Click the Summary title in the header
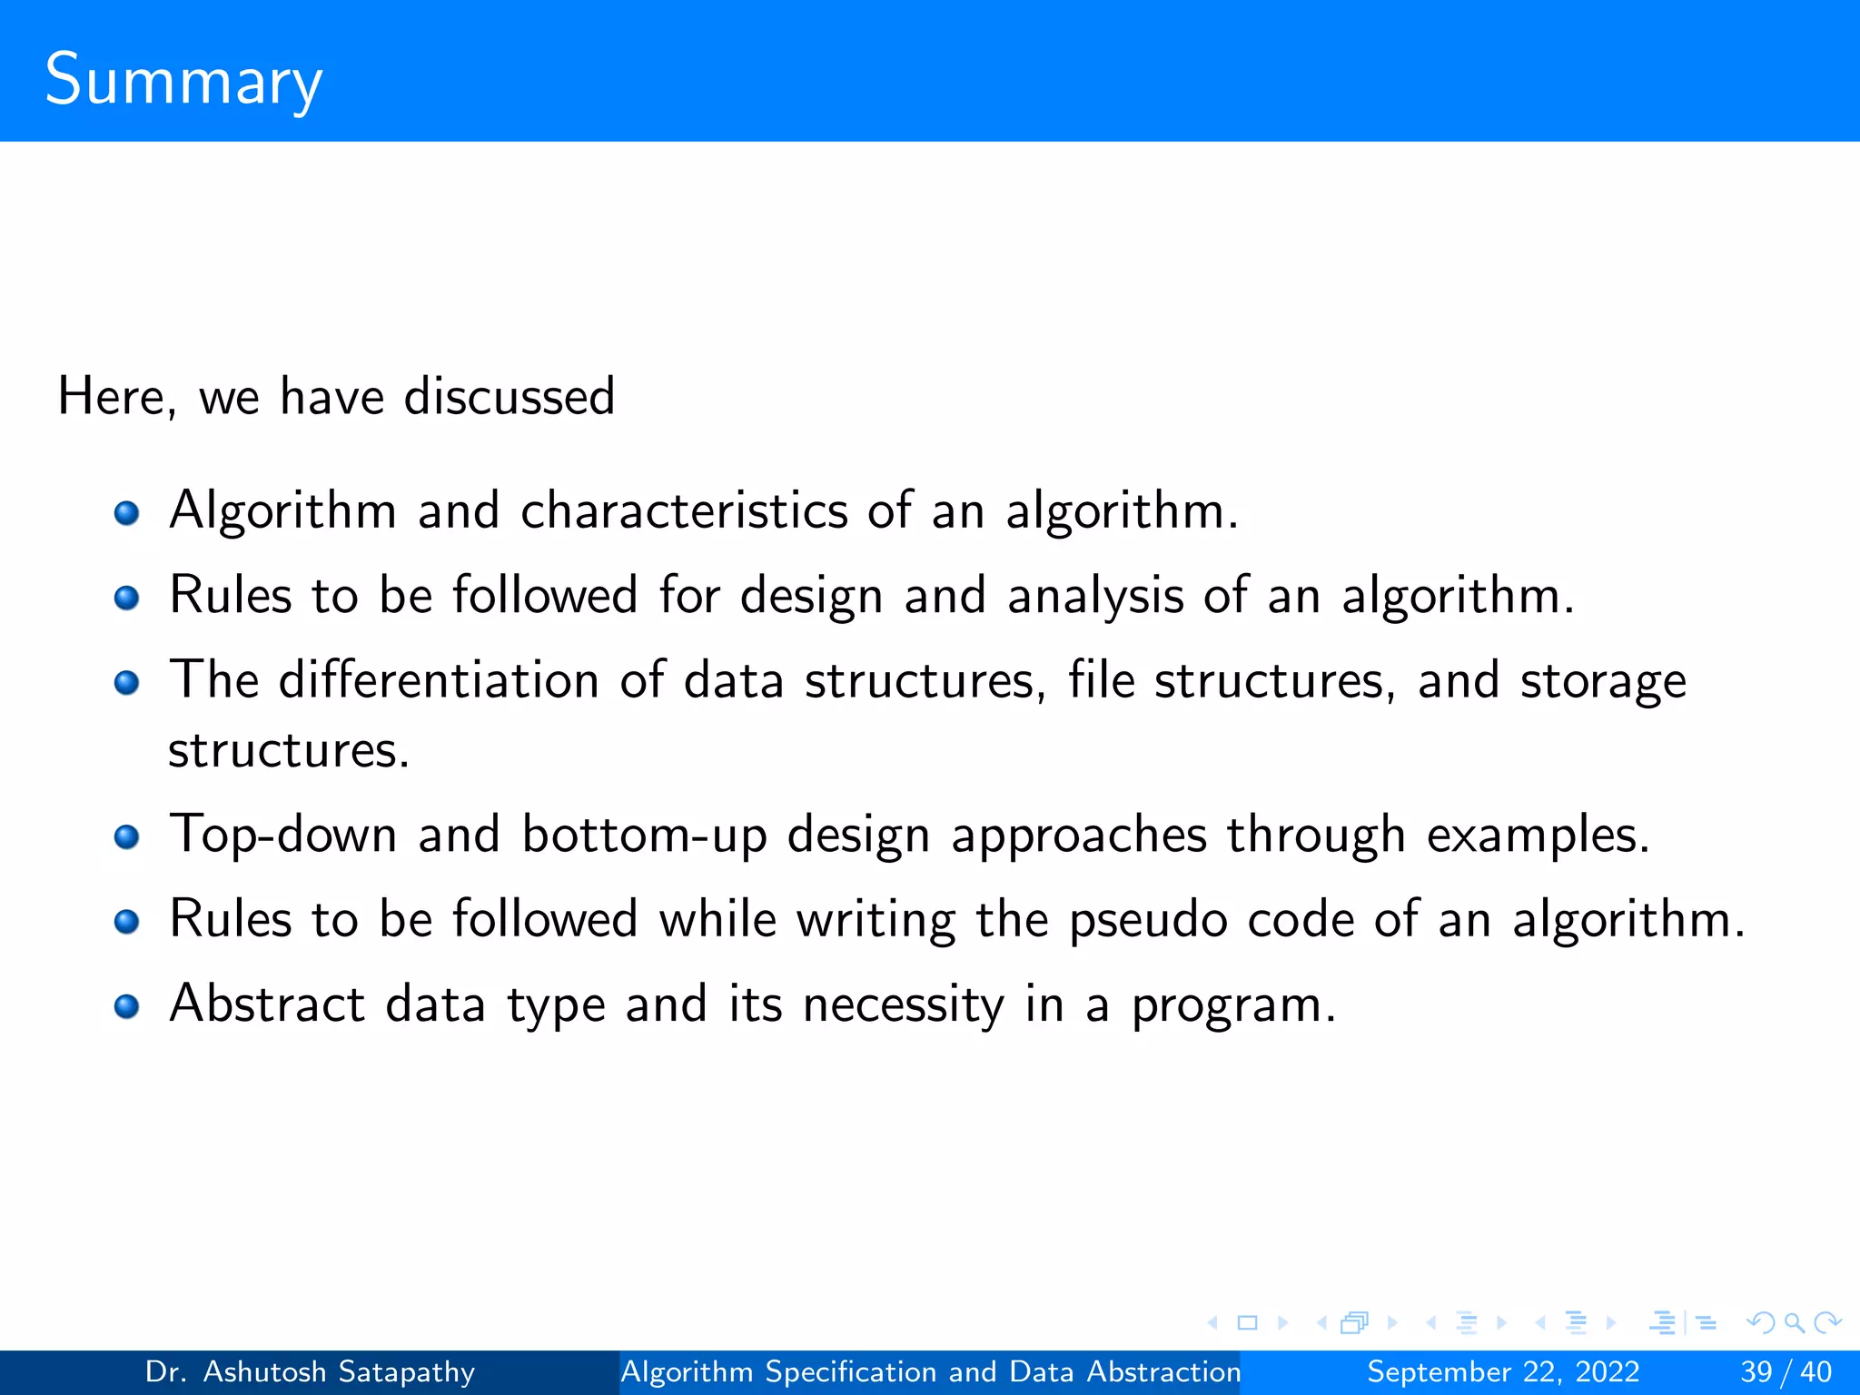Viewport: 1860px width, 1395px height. tap(183, 80)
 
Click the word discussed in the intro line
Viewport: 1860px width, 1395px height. tap(509, 397)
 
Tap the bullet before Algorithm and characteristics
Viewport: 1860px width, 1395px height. tap(126, 514)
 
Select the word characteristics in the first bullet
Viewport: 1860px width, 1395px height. tap(684, 510)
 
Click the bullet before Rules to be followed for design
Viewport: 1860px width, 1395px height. tap(126, 599)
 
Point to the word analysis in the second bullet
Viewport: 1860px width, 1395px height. tap(1095, 597)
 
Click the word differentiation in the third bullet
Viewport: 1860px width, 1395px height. tap(439, 680)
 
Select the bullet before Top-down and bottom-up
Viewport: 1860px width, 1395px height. tap(126, 836)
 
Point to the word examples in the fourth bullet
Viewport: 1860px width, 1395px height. tap(1537, 835)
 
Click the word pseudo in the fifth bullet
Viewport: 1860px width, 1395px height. tap(1148, 920)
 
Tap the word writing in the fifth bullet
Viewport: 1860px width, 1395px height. tap(876, 920)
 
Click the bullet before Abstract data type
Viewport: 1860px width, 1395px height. tap(126, 1006)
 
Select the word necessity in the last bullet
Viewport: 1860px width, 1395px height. tap(903, 1005)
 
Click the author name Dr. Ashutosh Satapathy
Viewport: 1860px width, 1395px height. tap(310, 1371)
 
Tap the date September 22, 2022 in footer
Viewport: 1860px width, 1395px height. tap(1503, 1371)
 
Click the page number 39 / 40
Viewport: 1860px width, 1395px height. tap(1786, 1371)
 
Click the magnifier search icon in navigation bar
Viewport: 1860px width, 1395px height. tap(1794, 1322)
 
